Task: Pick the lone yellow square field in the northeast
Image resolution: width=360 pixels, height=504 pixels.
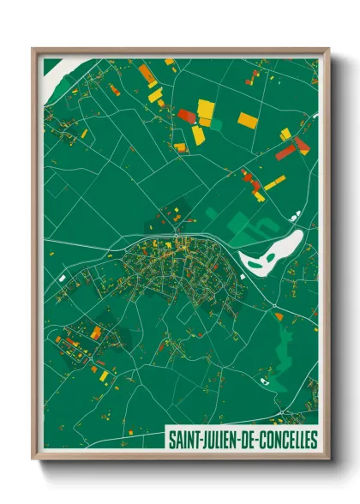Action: click(x=248, y=120)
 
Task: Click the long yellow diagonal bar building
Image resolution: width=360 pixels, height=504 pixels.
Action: click(x=274, y=182)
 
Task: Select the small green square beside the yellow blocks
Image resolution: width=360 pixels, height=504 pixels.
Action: click(x=214, y=124)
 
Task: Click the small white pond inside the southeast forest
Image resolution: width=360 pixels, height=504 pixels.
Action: click(x=277, y=315)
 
